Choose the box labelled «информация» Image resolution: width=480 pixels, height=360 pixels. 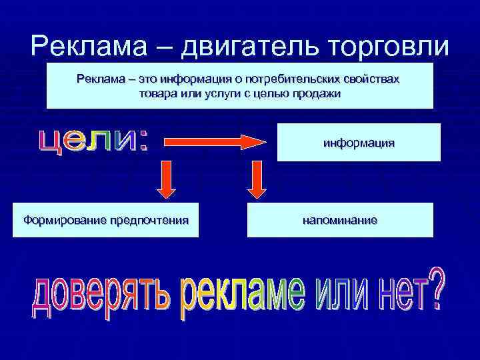pos(359,142)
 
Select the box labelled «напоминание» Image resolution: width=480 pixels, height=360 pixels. pos(340,220)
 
